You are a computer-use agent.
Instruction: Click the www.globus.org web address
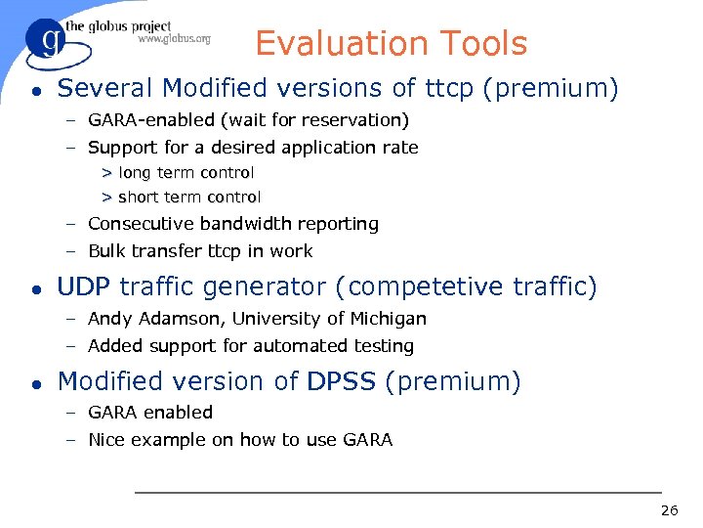tap(174, 39)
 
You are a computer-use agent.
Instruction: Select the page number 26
tap(669, 510)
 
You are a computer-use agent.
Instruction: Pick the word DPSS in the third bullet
tap(341, 381)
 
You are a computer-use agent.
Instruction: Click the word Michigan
tap(389, 319)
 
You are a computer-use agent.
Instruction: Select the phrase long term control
tap(186, 173)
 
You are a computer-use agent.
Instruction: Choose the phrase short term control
tap(189, 198)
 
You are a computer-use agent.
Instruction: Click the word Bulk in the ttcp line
tap(104, 251)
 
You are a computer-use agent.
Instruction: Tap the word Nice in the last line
tap(105, 440)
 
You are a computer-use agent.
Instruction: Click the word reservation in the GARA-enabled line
tap(359, 120)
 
